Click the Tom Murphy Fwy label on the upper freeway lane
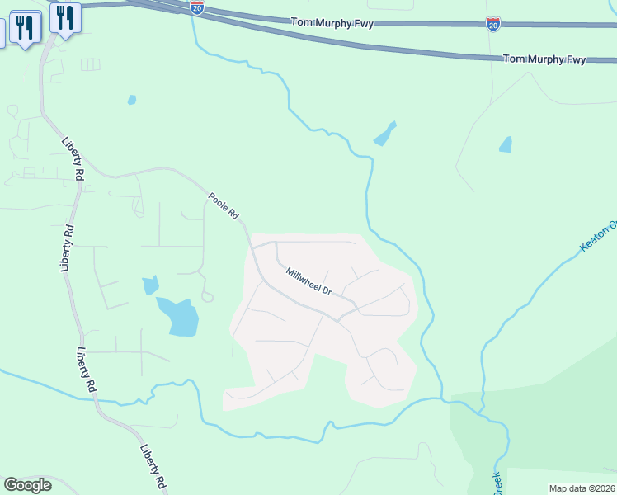[x=332, y=24]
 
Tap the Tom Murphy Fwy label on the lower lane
[x=544, y=59]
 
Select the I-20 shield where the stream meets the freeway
[x=196, y=7]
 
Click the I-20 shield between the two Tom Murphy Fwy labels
[x=493, y=23]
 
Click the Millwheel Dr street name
[x=308, y=281]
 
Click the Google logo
[x=27, y=484]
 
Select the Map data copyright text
[x=582, y=488]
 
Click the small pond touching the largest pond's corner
[x=150, y=285]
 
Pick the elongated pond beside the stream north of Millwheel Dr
[x=385, y=134]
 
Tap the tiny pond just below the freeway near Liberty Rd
[x=132, y=100]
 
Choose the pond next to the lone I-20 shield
[x=505, y=144]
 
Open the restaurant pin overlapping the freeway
[x=64, y=16]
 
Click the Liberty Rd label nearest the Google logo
[x=153, y=467]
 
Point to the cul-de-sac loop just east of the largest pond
[x=207, y=296]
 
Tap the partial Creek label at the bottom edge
[x=498, y=484]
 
